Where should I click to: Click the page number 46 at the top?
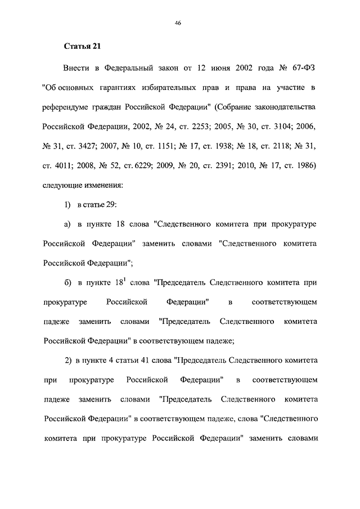pyautogui.click(x=177, y=23)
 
